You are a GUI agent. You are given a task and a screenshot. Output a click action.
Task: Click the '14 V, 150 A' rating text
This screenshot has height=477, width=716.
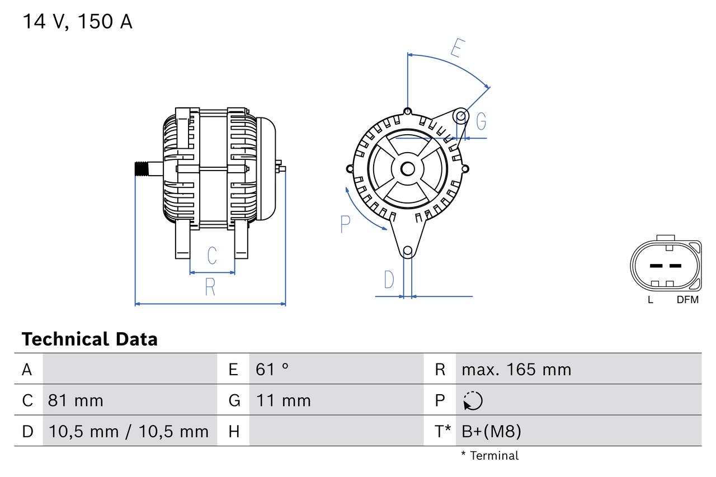[77, 22]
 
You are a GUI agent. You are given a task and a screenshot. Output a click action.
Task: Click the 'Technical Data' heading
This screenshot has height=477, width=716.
[89, 339]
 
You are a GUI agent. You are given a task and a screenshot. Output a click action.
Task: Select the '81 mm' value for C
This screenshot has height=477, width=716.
[76, 400]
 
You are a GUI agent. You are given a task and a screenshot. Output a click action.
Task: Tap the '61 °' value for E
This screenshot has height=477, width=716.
[272, 369]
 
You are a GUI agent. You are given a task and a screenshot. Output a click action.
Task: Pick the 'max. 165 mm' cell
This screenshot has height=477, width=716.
[516, 369]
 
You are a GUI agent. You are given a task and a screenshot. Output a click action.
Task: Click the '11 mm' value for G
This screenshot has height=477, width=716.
[283, 400]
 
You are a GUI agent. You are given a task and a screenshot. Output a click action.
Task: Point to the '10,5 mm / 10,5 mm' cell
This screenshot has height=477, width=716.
[129, 431]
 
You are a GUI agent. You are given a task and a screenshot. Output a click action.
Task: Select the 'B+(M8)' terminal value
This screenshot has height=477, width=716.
[491, 431]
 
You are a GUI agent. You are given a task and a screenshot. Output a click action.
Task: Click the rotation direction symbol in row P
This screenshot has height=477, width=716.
[473, 401]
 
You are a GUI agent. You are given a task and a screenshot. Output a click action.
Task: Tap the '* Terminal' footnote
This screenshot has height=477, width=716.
[490, 456]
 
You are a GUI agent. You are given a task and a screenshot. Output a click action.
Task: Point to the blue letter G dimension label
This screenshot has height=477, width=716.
[481, 121]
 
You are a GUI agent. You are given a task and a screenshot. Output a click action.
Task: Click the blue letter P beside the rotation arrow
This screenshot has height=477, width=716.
[345, 224]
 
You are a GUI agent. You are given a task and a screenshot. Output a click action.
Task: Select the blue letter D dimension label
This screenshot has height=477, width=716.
[389, 280]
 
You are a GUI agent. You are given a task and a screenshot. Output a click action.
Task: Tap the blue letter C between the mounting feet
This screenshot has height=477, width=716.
[212, 256]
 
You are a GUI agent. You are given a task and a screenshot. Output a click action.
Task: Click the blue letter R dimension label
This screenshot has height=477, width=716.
[210, 287]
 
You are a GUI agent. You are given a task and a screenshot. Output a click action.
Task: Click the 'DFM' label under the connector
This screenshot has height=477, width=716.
[687, 300]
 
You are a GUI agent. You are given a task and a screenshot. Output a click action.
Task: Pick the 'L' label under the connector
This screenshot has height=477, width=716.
[650, 300]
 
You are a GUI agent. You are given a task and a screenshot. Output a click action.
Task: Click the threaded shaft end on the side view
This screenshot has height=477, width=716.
[143, 169]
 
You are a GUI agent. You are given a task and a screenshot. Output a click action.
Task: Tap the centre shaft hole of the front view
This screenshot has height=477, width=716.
[407, 168]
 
